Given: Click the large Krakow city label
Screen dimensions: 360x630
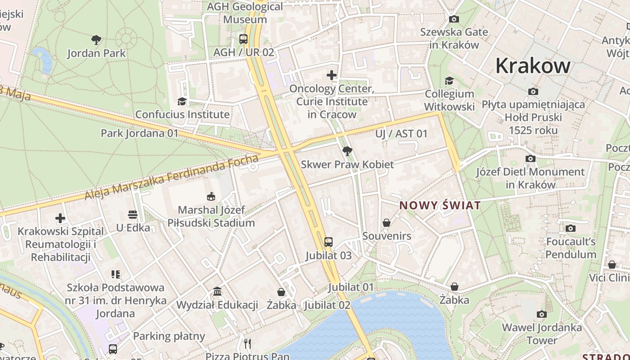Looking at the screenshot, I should coord(533,66).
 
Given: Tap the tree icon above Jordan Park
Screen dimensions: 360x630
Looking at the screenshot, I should coord(96,40).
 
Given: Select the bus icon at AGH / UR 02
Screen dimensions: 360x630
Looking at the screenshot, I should coord(243,39).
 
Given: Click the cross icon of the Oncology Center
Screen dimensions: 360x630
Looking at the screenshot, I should coord(332,75).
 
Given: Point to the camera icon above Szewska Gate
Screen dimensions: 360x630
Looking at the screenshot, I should coord(454,19).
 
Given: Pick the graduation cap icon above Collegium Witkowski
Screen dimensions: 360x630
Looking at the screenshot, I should coord(449,81).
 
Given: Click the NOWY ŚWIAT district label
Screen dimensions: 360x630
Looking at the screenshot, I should coord(440,206).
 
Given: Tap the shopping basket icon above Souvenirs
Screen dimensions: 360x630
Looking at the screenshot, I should coord(387,223).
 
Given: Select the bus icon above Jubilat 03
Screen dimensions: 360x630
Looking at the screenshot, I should coord(328,242).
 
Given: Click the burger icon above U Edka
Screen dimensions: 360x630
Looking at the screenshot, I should coord(132,214).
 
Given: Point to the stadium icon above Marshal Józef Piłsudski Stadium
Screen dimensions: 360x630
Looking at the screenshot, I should coord(211,197).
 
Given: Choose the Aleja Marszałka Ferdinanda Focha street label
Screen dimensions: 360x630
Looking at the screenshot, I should coord(172,177).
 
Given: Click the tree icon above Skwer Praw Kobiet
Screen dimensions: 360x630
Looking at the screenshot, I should coord(347,151).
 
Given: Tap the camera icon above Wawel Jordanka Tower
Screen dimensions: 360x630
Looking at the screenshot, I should coord(542,314).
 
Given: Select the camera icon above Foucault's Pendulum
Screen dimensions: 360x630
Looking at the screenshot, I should coord(571,228).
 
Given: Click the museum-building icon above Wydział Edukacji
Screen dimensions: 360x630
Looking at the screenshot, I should coord(217,292).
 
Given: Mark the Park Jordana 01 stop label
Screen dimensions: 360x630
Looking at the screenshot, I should coord(139,133).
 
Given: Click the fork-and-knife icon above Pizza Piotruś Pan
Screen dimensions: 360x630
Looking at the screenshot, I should coord(247,344).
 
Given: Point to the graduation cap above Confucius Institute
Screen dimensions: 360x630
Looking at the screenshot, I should coord(182,101).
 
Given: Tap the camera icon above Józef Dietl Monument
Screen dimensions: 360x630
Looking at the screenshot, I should coord(531,158).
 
